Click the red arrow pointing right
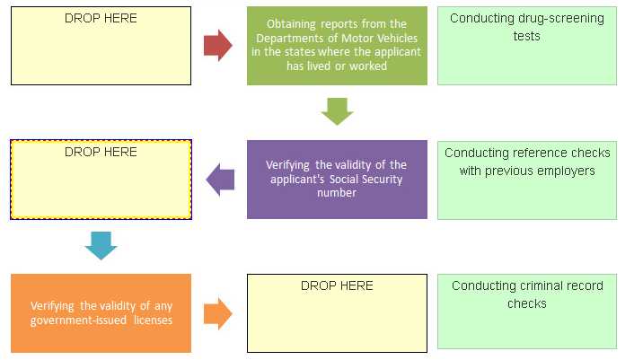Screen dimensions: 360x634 click(x=218, y=46)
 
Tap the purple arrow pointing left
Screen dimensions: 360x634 click(x=220, y=180)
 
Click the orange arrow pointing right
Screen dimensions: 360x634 click(x=218, y=313)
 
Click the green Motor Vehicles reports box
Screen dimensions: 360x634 click(x=337, y=46)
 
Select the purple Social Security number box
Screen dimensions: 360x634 click(x=337, y=180)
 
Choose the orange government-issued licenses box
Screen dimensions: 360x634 click(x=101, y=313)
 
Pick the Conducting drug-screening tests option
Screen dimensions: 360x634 click(x=526, y=46)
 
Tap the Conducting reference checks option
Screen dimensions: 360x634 click(x=526, y=180)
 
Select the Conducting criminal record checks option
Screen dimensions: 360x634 click(x=526, y=312)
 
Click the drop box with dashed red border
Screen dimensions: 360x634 click(x=101, y=180)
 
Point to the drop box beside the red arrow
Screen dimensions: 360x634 click(x=101, y=46)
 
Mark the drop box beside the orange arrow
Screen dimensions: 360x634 click(x=337, y=313)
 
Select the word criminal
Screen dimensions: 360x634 click(x=546, y=285)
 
